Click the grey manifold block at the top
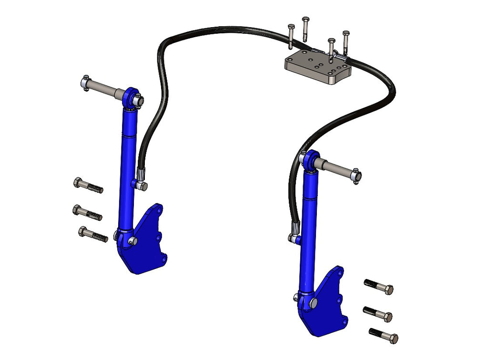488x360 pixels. point(317,67)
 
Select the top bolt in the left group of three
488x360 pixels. point(88,185)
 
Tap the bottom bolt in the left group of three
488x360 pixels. point(92,234)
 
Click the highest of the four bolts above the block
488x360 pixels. point(305,29)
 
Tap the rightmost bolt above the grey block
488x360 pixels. point(346,42)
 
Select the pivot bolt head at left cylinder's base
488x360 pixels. point(133,241)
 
